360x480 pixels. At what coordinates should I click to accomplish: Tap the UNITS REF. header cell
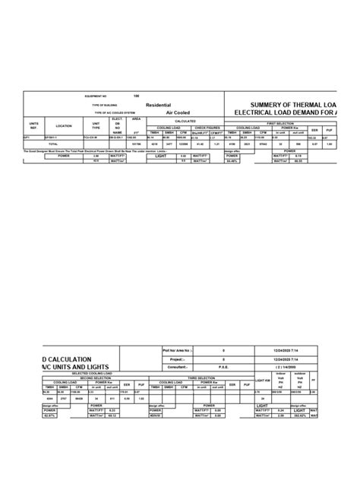(33, 125)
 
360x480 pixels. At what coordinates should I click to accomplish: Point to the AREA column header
(137, 119)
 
